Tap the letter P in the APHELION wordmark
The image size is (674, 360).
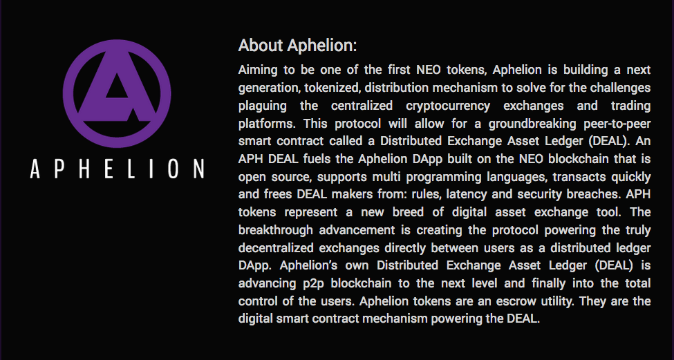tap(59, 169)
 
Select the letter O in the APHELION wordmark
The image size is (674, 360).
tap(174, 169)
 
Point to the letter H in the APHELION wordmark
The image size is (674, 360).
tap(84, 169)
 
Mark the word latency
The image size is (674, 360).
tap(465, 195)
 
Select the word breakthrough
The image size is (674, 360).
tap(276, 230)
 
